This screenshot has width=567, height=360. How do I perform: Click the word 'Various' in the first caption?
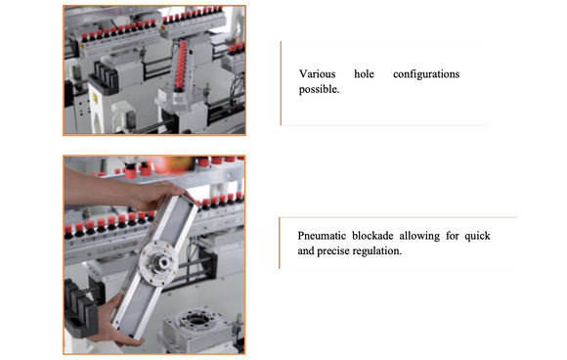pos(318,74)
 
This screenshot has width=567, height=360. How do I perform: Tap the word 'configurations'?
pos(425,74)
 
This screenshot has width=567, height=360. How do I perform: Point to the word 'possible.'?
pos(320,89)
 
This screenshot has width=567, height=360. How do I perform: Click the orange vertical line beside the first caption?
pos(282,83)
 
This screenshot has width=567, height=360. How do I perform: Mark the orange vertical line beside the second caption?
pos(280,243)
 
